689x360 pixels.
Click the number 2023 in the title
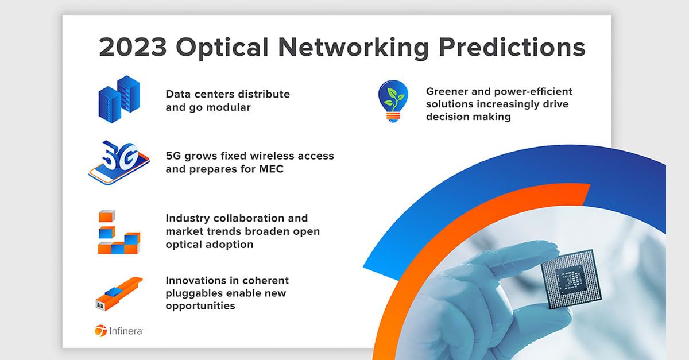(x=133, y=47)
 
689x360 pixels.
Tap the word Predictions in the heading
(x=512, y=47)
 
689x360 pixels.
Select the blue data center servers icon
(x=119, y=99)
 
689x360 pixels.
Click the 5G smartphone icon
(x=119, y=162)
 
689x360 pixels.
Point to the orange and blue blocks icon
(x=119, y=232)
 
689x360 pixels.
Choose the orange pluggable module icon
(x=119, y=294)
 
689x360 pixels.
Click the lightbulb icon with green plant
(x=393, y=101)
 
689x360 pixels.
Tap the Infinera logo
(x=119, y=331)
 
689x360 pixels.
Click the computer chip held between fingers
(x=571, y=279)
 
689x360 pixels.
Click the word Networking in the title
(x=354, y=48)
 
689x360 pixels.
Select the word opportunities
(x=200, y=306)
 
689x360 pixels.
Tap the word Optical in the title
(x=222, y=48)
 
